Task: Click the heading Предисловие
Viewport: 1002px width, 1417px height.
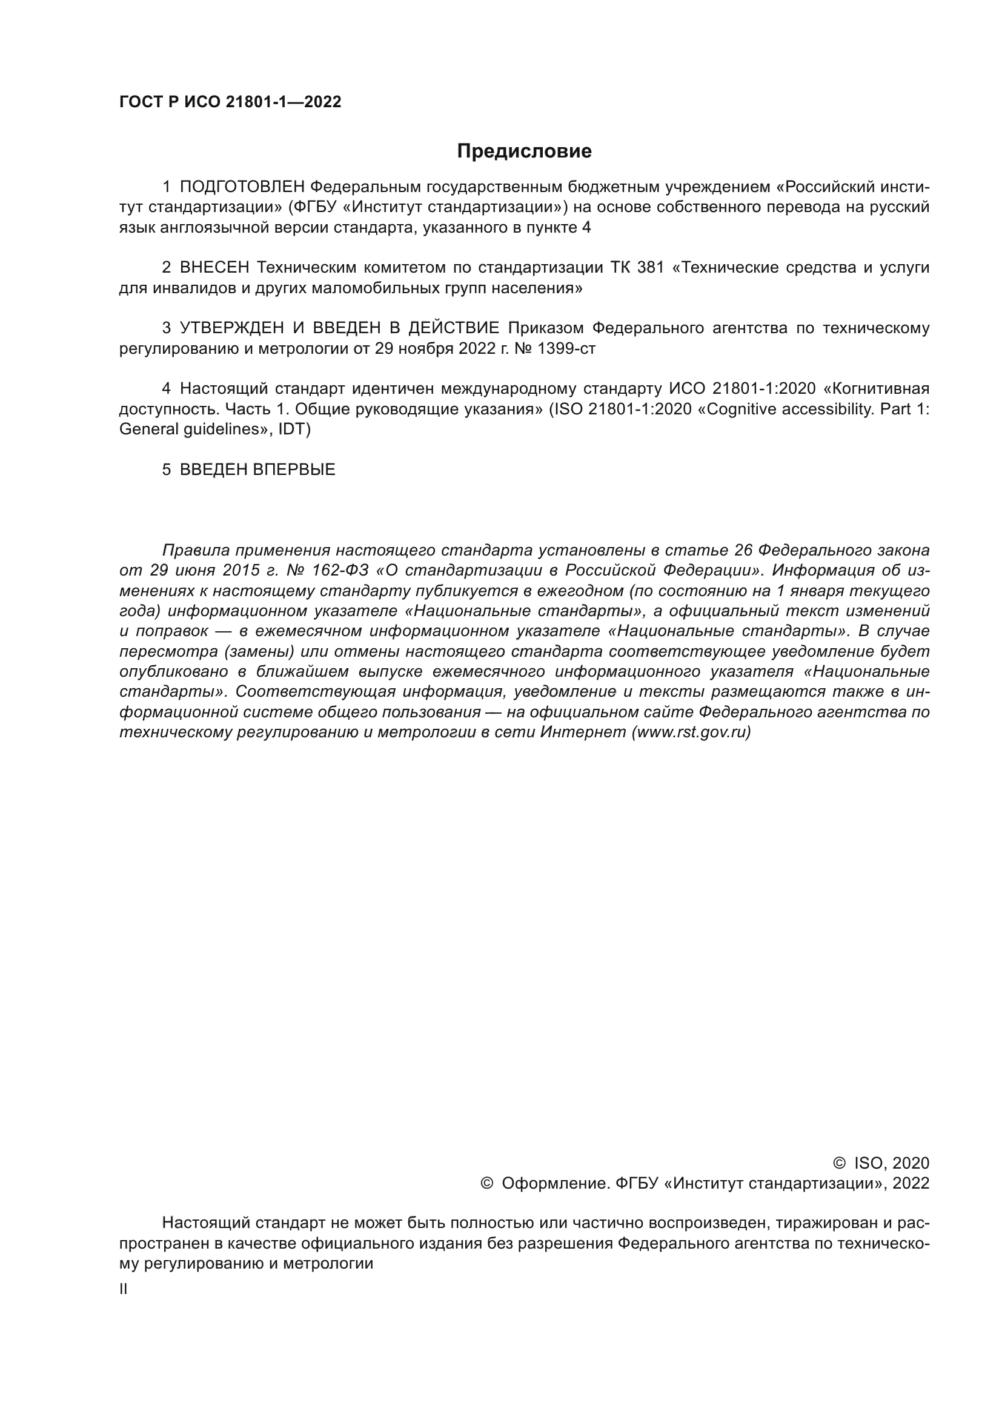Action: coord(524,151)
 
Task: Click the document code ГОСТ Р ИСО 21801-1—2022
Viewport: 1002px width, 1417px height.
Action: coord(230,102)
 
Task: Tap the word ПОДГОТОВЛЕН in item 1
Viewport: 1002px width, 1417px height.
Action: coord(242,187)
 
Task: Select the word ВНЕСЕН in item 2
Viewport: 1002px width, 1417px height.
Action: coord(214,267)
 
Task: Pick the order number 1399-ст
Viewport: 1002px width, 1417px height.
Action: coord(566,349)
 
